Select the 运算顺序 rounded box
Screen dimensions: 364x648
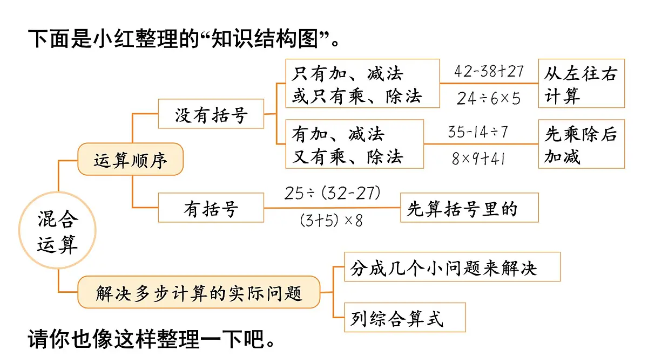131,160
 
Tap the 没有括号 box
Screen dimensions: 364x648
211,114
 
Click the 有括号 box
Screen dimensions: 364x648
211,208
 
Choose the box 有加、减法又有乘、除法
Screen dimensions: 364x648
354,144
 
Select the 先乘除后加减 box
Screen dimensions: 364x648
581,144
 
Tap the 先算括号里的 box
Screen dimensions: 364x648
469,208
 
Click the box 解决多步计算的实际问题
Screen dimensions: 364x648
199,293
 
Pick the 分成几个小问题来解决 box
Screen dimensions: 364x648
452,267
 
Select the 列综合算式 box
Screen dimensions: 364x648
404,318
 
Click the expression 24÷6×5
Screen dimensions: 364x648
489,98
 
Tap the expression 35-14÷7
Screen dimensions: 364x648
478,132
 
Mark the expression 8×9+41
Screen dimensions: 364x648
478,159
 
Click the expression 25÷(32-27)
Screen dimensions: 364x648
333,193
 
